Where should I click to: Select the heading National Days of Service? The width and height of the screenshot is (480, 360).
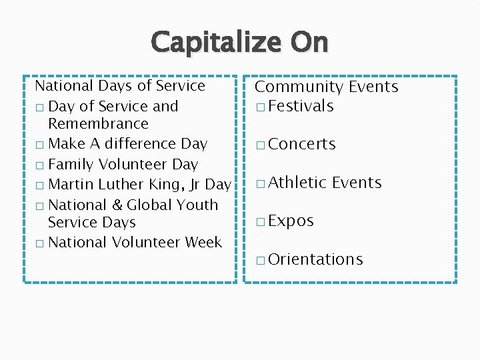click(x=120, y=86)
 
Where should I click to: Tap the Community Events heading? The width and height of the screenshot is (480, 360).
click(x=327, y=87)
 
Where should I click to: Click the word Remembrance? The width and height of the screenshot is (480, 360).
click(x=98, y=124)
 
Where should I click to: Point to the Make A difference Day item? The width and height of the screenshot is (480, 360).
click(x=128, y=144)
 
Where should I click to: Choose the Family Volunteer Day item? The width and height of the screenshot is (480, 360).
click(x=123, y=164)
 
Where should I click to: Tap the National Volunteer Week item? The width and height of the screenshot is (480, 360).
click(x=135, y=243)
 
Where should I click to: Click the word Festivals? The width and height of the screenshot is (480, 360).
click(x=301, y=106)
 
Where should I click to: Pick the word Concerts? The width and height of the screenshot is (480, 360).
click(x=303, y=145)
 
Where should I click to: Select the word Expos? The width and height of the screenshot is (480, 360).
click(x=291, y=221)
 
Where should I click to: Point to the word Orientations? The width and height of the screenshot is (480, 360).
click(x=316, y=259)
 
